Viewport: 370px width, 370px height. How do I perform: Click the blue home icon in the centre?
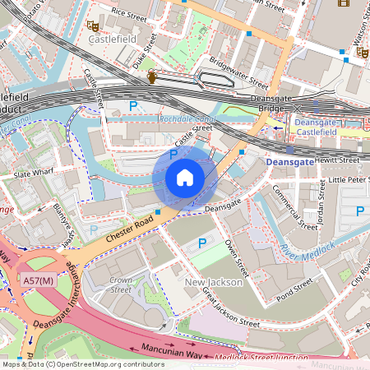pos(184,178)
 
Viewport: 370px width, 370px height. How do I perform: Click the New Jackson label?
pos(212,283)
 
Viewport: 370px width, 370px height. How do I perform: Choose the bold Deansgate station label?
pos(289,164)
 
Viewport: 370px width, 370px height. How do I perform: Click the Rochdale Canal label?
pos(187,119)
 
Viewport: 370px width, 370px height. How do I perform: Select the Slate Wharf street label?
pos(34,174)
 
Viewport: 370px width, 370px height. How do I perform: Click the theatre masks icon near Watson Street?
pos(361,52)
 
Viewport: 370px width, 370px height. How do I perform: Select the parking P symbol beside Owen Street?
pos(203,244)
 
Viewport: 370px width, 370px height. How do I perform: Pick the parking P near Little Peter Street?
pos(359,211)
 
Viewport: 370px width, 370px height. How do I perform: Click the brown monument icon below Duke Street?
pos(151,77)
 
